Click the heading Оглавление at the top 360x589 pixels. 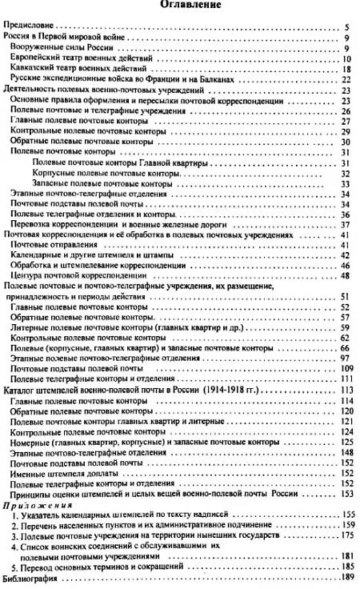coord(182,6)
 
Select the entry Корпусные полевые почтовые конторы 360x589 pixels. coord(102,173)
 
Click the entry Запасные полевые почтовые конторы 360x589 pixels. coord(101,183)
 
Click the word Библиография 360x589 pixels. coord(31,578)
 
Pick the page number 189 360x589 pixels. coord(346,578)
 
